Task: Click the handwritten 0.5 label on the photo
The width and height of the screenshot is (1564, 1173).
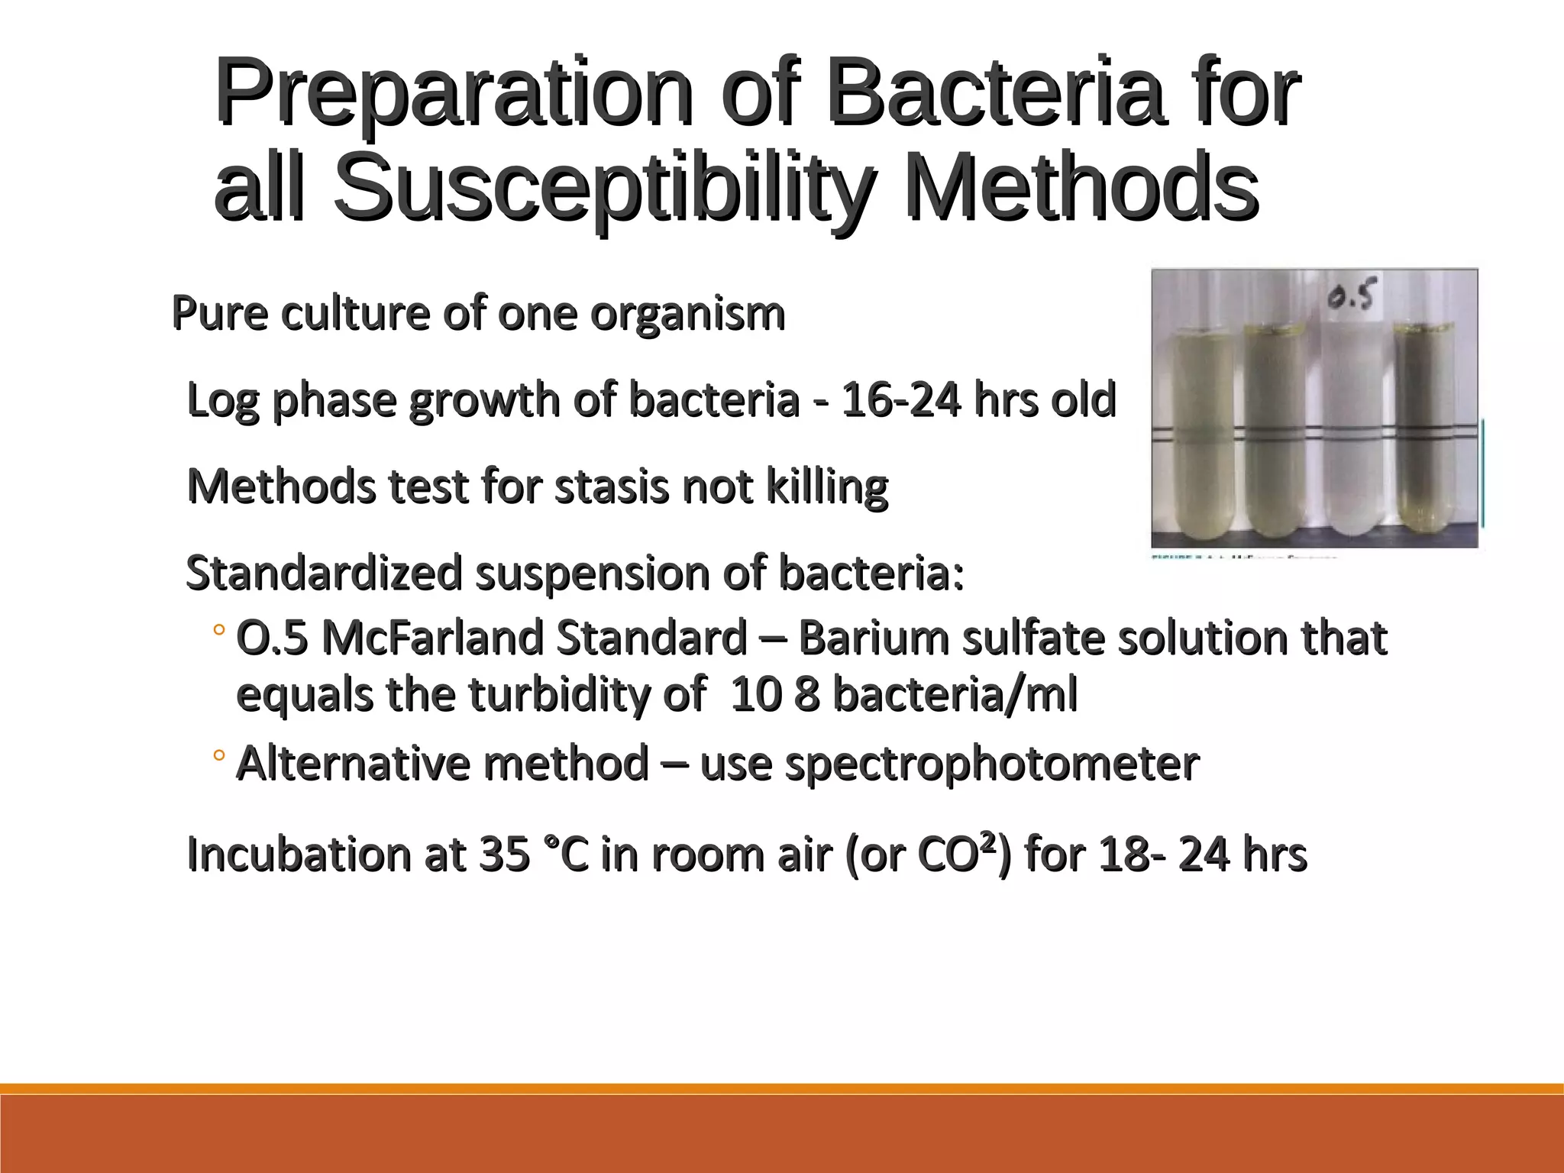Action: (x=1352, y=297)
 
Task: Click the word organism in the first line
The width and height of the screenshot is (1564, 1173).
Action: (x=687, y=314)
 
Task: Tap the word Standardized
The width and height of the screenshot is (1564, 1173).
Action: (x=324, y=573)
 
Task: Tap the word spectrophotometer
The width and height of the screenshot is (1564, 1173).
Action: (x=992, y=763)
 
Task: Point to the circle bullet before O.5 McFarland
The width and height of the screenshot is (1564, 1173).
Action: (x=218, y=631)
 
